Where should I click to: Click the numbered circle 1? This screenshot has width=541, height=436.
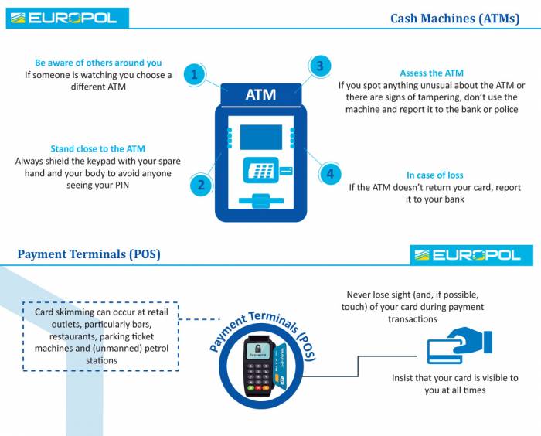[194, 75]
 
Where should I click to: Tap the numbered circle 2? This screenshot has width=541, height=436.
[201, 184]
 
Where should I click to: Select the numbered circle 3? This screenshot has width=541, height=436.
[319, 66]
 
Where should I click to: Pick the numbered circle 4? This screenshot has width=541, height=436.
[330, 174]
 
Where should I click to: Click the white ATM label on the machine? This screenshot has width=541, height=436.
[260, 95]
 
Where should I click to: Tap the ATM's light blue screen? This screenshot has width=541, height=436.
[260, 137]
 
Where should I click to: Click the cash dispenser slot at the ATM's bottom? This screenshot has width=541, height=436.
[260, 202]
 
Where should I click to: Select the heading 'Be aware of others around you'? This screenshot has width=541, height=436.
[98, 63]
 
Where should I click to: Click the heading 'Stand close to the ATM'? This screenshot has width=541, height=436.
[97, 148]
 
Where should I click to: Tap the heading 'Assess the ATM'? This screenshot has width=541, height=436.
[431, 73]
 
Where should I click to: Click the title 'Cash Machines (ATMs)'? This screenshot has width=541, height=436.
[454, 19]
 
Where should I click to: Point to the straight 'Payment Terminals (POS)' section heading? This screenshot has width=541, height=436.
[89, 254]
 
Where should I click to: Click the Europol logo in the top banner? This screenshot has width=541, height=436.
[66, 17]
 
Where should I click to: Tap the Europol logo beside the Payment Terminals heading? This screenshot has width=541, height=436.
[471, 255]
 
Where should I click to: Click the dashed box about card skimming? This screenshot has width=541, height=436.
[100, 336]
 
